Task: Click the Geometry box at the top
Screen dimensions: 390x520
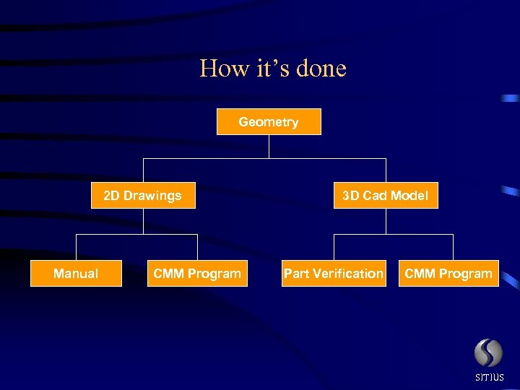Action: coord(269,122)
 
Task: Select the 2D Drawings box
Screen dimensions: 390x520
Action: coord(143,195)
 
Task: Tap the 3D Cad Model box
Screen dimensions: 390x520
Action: coord(386,195)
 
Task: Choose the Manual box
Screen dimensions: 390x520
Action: coord(76,273)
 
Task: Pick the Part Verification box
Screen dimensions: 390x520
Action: coord(334,273)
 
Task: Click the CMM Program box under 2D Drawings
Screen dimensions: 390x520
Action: coord(197,273)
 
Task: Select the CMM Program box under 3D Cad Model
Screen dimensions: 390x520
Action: coord(448,273)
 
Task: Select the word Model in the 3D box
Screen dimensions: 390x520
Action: coord(409,195)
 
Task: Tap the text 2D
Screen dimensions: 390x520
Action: coord(112,195)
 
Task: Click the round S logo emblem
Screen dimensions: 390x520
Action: coord(488,353)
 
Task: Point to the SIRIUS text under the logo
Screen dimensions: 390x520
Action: coord(490,378)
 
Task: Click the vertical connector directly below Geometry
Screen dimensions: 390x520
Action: coord(269,147)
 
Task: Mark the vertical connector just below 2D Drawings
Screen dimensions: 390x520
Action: coord(143,221)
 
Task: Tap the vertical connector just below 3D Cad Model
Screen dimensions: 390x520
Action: coord(386,221)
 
